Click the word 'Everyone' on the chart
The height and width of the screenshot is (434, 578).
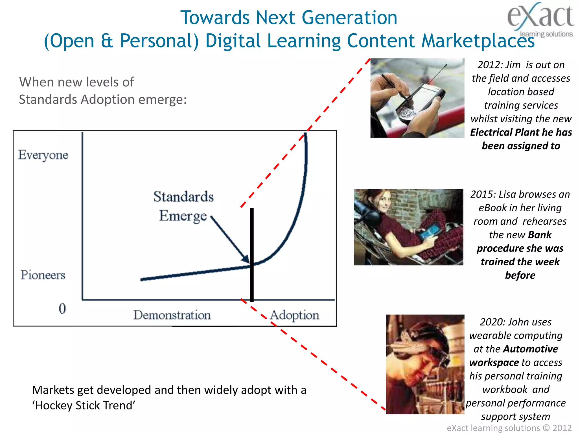(x=43, y=155)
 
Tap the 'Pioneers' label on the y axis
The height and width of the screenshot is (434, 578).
(x=43, y=275)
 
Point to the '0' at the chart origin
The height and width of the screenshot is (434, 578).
(x=62, y=308)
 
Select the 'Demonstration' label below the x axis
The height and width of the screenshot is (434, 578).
(x=172, y=315)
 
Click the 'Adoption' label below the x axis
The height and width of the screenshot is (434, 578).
(x=294, y=315)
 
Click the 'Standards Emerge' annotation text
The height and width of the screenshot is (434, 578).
(x=183, y=206)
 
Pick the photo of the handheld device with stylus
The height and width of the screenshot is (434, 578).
(x=417, y=98)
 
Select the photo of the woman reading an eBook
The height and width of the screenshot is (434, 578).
(x=408, y=227)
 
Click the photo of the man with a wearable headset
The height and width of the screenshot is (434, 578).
(x=425, y=364)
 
